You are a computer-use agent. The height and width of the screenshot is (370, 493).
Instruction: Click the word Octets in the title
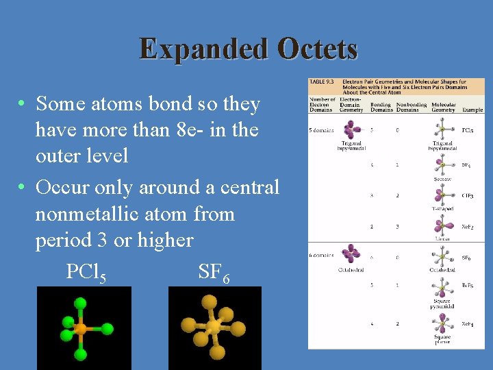[x=318, y=49]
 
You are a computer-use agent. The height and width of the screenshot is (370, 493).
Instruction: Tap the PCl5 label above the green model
[x=86, y=272]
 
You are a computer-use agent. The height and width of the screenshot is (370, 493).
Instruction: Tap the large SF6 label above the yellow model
[x=214, y=272]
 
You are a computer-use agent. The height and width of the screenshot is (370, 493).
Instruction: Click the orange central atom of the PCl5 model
[x=81, y=330]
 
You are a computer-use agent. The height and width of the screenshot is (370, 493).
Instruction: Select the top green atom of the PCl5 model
[x=81, y=303]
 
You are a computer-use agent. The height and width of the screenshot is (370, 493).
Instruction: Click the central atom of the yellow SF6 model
[x=214, y=328]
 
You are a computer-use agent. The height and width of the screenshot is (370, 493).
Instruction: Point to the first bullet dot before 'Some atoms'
[x=23, y=104]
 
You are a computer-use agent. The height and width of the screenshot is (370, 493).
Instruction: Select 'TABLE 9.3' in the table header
[x=322, y=82]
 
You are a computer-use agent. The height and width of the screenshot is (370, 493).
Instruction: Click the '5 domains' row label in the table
[x=322, y=129]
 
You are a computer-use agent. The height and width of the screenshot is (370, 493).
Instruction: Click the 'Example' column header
[x=472, y=110]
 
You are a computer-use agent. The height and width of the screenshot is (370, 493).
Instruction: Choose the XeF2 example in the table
[x=468, y=226]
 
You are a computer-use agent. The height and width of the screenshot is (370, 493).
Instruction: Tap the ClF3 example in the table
[x=468, y=195]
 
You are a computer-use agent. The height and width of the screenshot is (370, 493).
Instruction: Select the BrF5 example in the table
[x=468, y=286]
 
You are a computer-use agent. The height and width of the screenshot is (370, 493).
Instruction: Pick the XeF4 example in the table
[x=468, y=323]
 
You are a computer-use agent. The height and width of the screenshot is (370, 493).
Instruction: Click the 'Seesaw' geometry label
[x=442, y=179]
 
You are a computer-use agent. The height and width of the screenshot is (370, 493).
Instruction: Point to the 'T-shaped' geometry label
[x=442, y=208]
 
